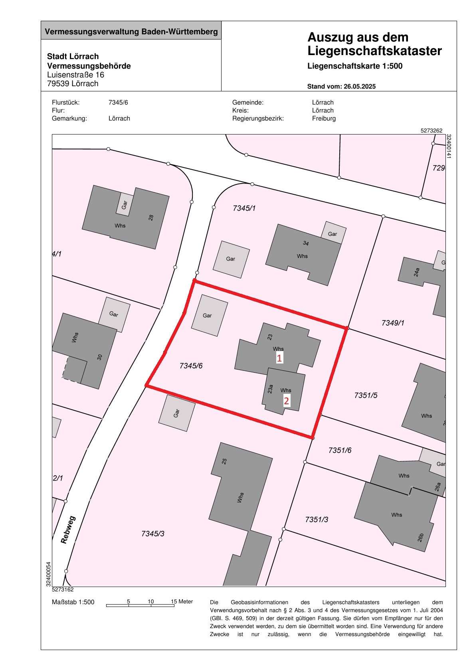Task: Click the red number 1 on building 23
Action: pos(279,358)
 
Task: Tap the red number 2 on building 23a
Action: pos(286,400)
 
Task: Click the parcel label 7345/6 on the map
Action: pos(191,366)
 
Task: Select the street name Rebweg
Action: pos(68,530)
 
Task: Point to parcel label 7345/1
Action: pos(244,208)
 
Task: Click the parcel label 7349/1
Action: pos(393,323)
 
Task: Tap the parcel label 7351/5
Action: pos(366,395)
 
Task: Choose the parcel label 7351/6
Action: pos(340,450)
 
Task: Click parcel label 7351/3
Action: pos(317,520)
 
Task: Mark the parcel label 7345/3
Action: pos(153,534)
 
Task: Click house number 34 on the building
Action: pos(306,243)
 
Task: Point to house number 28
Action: pos(151,217)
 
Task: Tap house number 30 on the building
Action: pos(100,357)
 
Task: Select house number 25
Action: pos(224,461)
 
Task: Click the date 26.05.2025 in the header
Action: pos(358,86)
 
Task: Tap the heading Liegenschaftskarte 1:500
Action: pos(355,66)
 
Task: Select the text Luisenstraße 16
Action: pos(75,75)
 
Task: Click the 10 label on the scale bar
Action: pos(150,601)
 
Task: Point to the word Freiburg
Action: pos(324,119)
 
